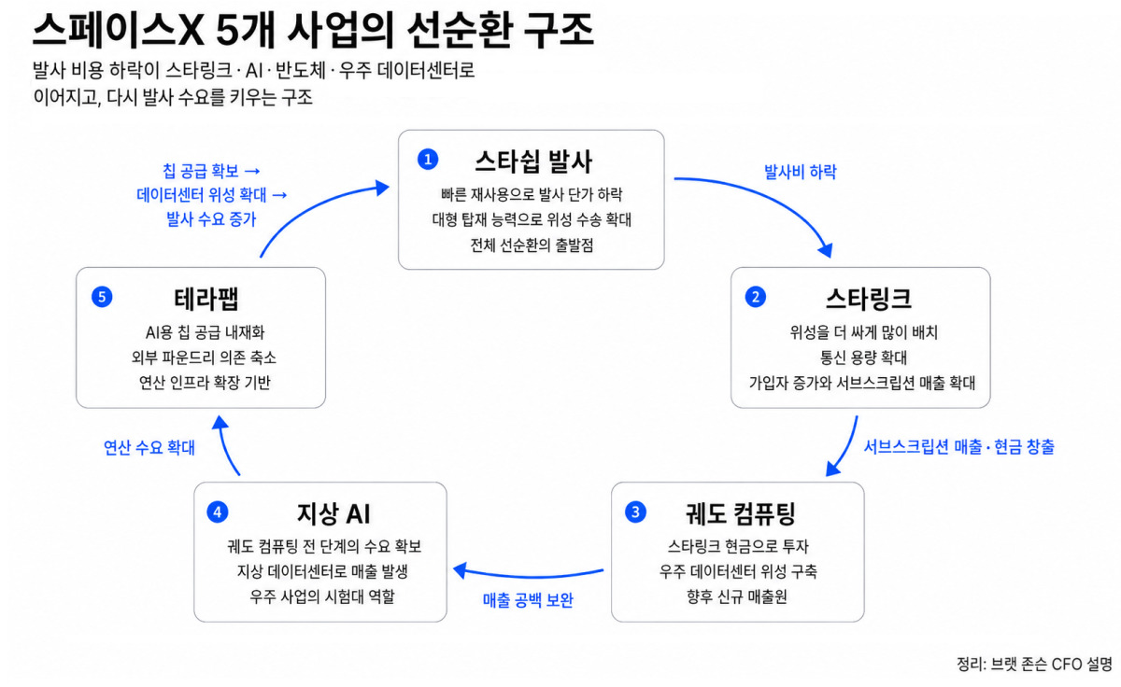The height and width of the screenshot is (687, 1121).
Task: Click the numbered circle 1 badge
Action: click(428, 160)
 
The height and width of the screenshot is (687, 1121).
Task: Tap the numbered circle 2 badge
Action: click(755, 297)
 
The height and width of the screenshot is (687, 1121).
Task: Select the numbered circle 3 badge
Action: click(635, 512)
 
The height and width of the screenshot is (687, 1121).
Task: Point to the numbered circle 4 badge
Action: click(218, 512)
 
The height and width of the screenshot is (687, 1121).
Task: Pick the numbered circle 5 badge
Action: click(102, 297)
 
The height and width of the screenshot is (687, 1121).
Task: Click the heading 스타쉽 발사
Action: click(533, 161)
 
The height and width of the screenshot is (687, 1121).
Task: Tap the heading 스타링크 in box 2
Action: click(868, 299)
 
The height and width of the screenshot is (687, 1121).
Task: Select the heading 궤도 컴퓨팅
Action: click(740, 513)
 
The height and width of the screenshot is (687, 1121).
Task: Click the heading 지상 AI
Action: click(333, 513)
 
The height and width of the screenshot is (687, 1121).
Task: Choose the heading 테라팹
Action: click(206, 299)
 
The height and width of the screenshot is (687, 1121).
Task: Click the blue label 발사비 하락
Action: click(801, 172)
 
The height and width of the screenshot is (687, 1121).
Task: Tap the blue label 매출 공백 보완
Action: click(528, 600)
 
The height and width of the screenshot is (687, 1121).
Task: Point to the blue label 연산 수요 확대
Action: click(149, 447)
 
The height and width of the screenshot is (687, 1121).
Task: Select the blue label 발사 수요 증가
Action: click(211, 219)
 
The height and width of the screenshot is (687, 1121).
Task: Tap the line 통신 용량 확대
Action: click(863, 358)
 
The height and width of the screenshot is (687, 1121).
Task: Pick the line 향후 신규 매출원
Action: click(737, 596)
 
